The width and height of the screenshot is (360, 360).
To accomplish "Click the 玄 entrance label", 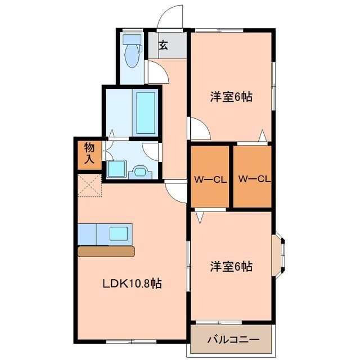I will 163,45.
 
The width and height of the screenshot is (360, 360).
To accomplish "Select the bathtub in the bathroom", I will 146,112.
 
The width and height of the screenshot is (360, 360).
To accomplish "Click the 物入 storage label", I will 89,153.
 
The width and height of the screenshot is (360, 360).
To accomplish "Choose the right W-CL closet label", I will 254,179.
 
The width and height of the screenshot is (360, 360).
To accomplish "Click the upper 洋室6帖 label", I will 231,96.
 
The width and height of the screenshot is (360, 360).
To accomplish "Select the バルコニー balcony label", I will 233,340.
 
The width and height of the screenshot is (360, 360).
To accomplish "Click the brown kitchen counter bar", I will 106,251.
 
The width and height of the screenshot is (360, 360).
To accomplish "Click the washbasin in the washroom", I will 139,171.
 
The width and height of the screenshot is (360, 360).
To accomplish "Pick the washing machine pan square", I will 116,168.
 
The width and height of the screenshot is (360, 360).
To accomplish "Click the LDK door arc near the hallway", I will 176,192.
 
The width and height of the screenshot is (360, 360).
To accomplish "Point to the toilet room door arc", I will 155,73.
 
